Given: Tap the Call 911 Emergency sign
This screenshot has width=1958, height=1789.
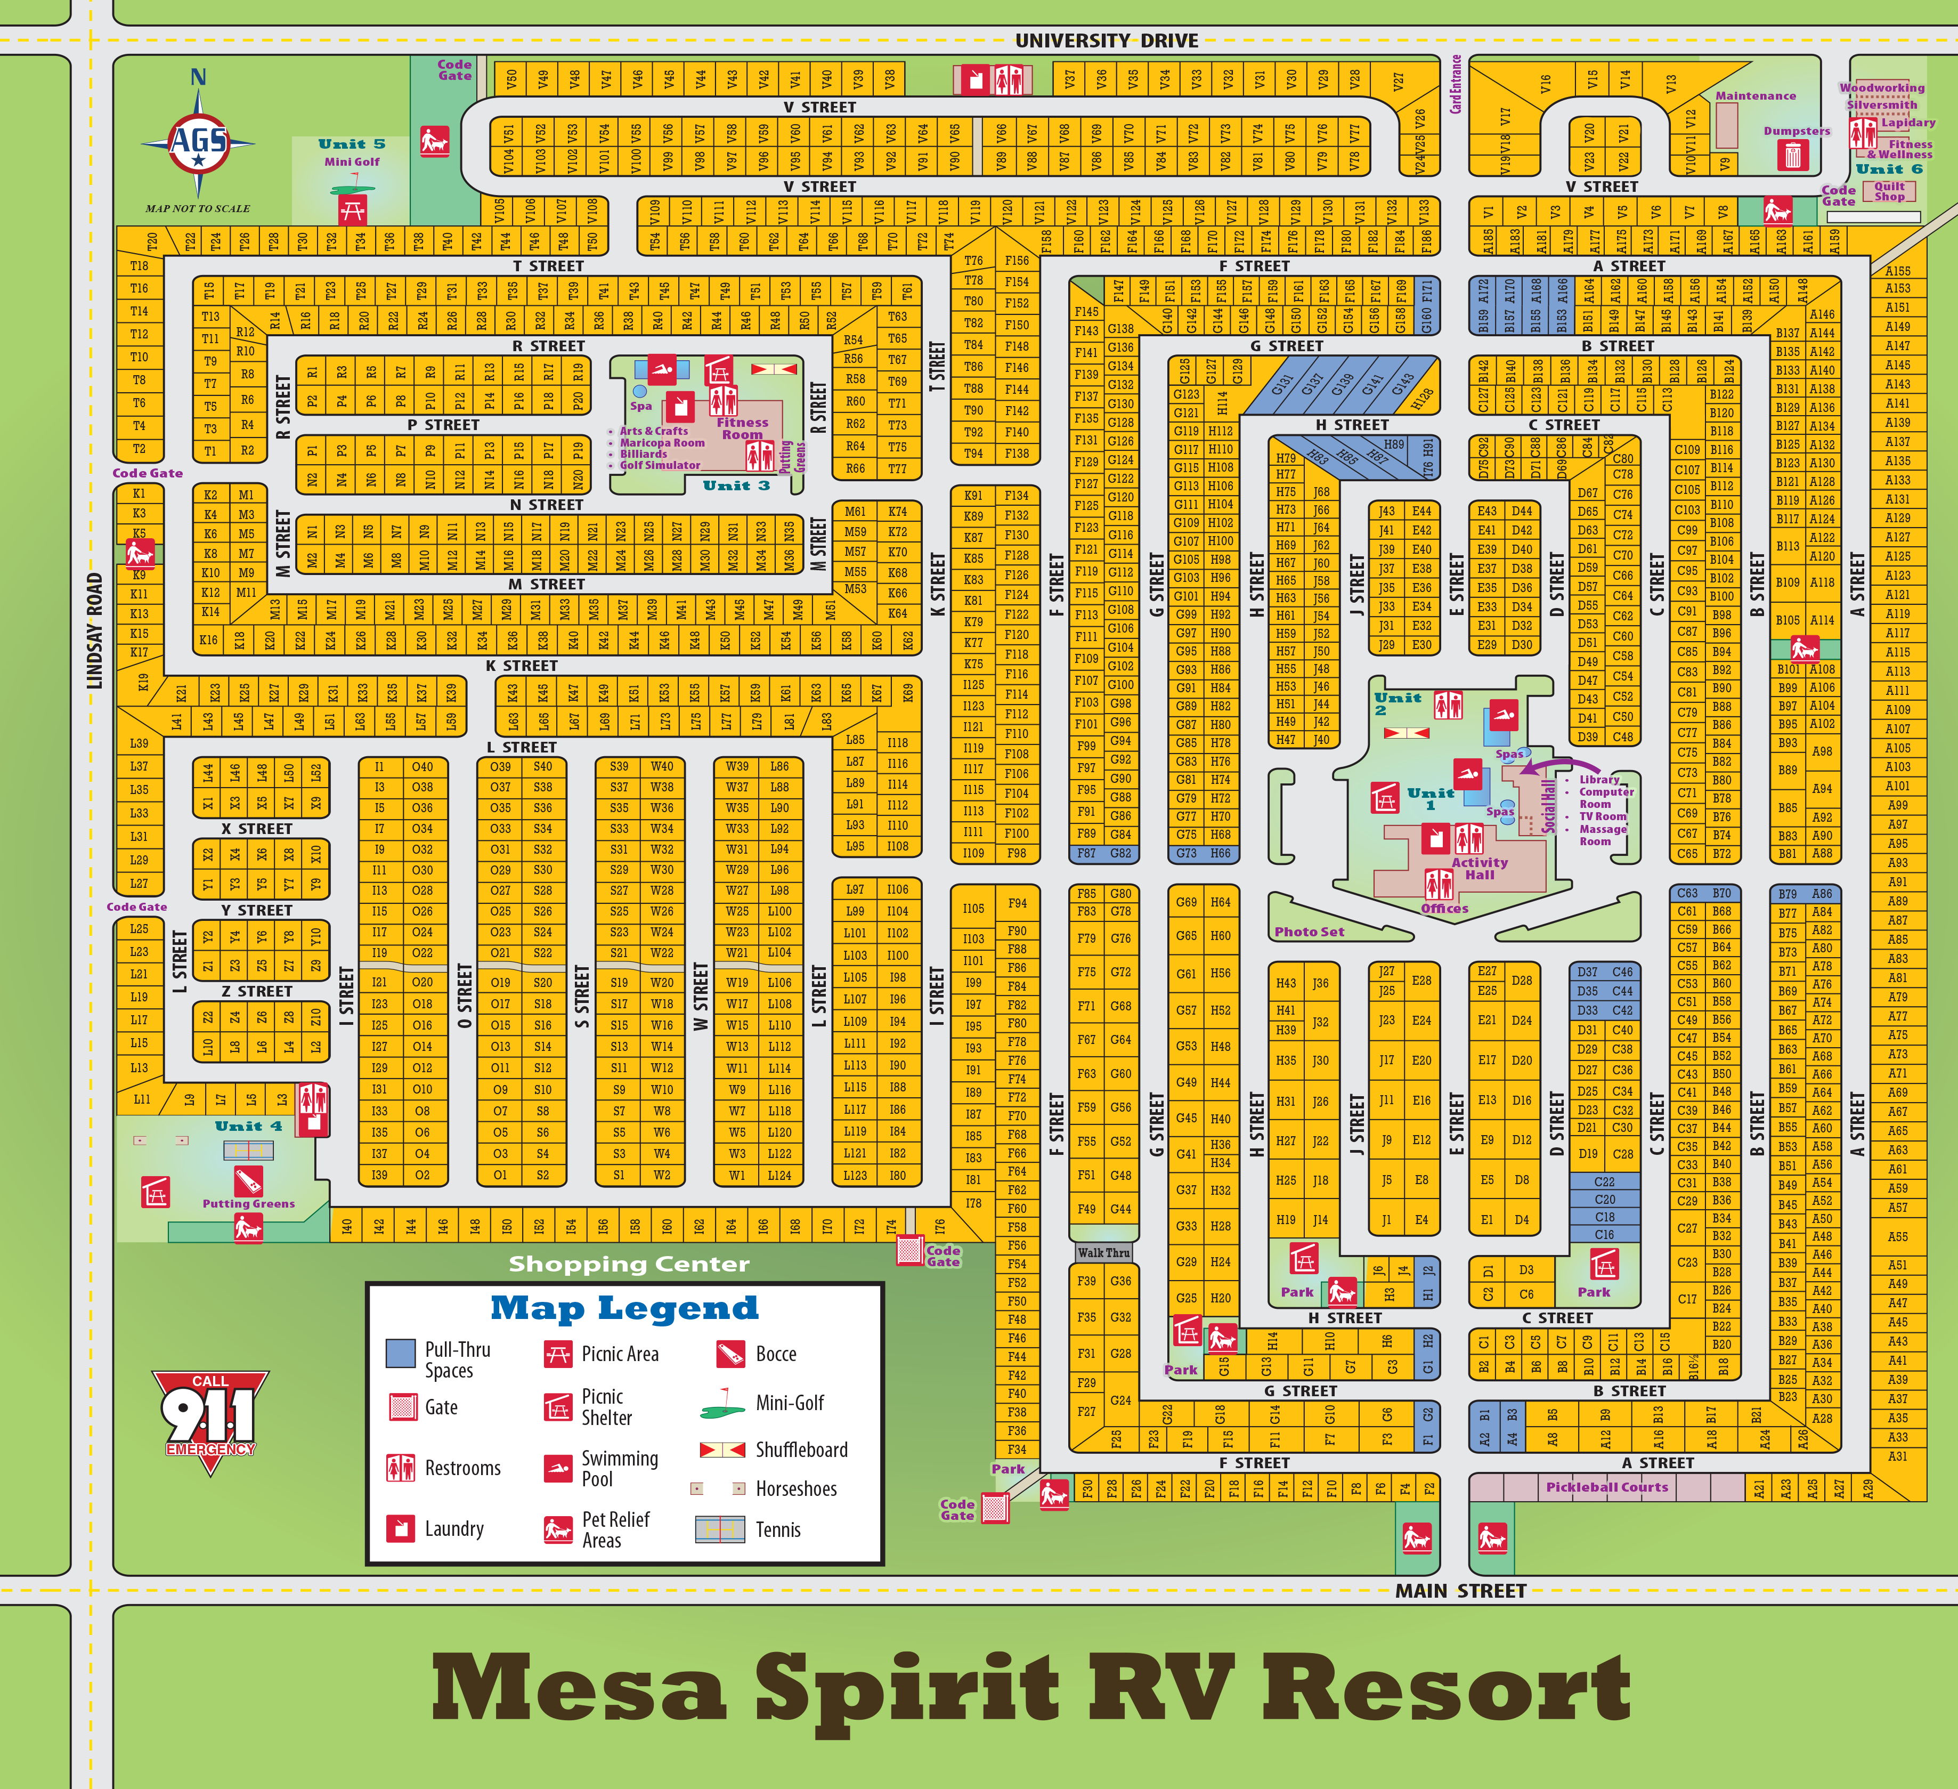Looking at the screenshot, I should [x=210, y=1418].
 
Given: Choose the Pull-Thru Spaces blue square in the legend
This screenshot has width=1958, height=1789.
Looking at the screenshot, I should [x=401, y=1353].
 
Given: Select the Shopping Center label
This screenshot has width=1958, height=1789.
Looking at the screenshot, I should [x=629, y=1264].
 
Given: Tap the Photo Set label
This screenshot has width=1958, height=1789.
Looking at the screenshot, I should [x=1309, y=932].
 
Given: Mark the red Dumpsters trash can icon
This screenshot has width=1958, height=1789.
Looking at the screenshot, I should [x=1793, y=155].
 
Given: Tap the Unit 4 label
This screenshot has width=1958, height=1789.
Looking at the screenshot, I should [x=249, y=1126].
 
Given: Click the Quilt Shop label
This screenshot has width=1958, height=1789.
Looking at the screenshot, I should [x=1889, y=191].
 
